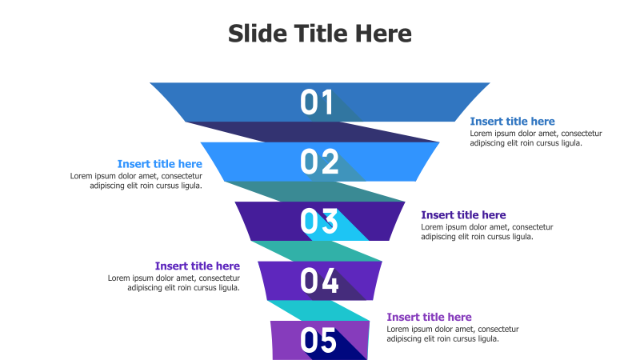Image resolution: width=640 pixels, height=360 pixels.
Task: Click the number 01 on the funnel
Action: coord(317,102)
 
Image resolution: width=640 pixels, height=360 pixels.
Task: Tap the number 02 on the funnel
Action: coord(319,162)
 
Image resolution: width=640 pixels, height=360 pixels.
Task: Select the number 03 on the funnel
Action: coord(319,222)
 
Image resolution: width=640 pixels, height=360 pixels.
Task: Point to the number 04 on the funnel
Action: coord(319,281)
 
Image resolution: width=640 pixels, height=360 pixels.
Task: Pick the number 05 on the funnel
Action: coord(318,341)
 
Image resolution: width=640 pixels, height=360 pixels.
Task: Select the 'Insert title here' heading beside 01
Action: coord(512,122)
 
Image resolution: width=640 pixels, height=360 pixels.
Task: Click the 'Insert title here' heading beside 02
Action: coord(159,164)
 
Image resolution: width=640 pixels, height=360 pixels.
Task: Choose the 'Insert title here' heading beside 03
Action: coord(463,215)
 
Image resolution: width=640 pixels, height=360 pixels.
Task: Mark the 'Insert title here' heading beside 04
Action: coord(197,266)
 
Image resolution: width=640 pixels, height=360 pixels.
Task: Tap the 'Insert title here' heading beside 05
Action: coord(429,318)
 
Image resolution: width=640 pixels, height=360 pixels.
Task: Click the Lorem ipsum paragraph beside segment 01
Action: coord(535,138)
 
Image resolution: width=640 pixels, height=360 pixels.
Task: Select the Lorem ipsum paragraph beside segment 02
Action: coord(136,181)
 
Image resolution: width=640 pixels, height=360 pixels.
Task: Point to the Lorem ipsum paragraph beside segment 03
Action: coord(486,232)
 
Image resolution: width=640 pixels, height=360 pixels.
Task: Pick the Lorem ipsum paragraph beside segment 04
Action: coord(174,283)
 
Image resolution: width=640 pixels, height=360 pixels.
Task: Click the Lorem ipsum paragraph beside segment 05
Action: coord(452,334)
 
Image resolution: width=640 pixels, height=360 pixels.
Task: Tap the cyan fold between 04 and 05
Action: coord(320,310)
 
